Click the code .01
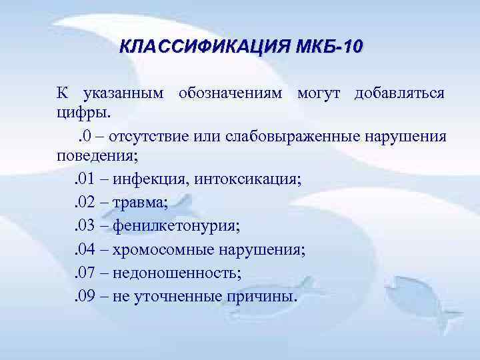[84, 179]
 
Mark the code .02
[84, 203]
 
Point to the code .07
[84, 272]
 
